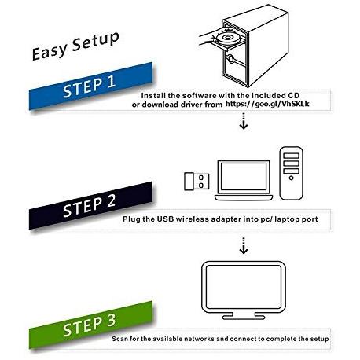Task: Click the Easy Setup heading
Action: [75, 46]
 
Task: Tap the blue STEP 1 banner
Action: [90, 86]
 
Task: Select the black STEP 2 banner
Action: [90, 205]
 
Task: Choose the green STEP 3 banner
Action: [90, 325]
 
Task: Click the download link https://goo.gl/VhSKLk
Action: [267, 104]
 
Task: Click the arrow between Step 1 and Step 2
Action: [244, 121]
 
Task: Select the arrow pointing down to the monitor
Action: [244, 246]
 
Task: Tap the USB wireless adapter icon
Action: [197, 182]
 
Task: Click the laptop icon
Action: [244, 181]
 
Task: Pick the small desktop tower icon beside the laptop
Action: [291, 173]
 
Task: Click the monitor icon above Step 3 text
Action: [244, 290]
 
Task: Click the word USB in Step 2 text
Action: [165, 219]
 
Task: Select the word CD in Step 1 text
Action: [294, 95]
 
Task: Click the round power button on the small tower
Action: [291, 178]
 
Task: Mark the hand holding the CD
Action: [210, 39]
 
